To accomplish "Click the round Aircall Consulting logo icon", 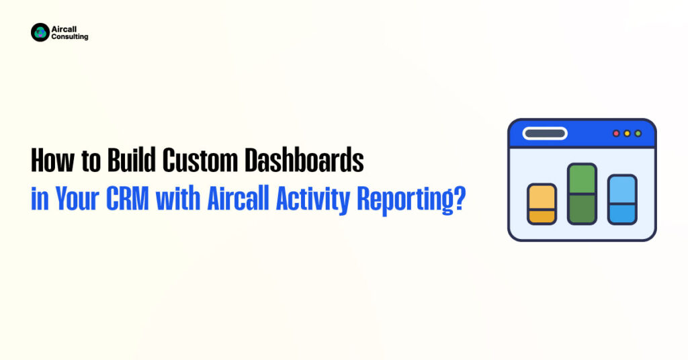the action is pos(40,32).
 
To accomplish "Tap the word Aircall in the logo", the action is pos(64,30).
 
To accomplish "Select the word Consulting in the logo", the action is pos(70,37).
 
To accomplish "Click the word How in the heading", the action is pos(52,160).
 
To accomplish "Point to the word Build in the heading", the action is pos(132,160).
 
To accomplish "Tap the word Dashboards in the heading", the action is pos(304,160).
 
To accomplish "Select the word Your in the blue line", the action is pos(77,199).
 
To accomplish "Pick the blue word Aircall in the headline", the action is pos(238,199).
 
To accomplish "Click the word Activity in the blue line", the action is pos(313,201).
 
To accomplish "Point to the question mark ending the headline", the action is pos(458,199).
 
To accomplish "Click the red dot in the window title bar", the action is pos(616,133).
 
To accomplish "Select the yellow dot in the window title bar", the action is pos(627,133).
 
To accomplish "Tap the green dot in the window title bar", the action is pos(638,133).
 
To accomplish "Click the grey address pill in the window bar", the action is pos(545,133).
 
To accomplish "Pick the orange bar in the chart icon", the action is pos(542,204).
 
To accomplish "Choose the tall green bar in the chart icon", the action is pos(583,194).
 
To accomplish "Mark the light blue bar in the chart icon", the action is pos(622,199).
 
